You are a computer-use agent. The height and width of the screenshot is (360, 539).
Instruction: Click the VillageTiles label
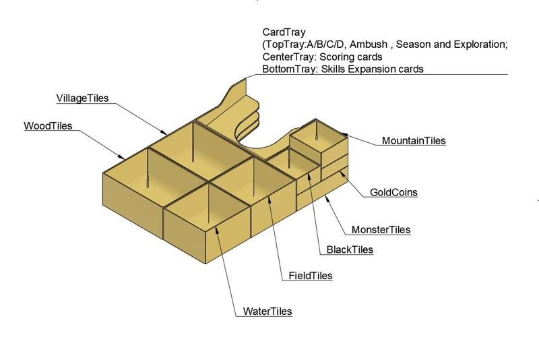tap(82, 98)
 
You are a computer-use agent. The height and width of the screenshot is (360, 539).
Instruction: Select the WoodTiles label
tap(48, 126)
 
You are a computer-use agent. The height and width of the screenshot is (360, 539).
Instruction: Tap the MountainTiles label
tap(414, 141)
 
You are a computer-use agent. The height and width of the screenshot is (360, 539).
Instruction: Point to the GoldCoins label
tap(393, 192)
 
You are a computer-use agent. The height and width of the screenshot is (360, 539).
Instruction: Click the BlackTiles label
tap(350, 250)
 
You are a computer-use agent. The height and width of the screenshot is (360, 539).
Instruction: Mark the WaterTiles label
tap(267, 311)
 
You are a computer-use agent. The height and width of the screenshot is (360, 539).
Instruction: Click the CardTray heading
tap(284, 32)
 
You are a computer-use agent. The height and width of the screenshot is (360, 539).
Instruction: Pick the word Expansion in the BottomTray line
tap(381, 69)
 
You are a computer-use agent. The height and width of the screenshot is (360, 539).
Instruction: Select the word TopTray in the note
tap(286, 44)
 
